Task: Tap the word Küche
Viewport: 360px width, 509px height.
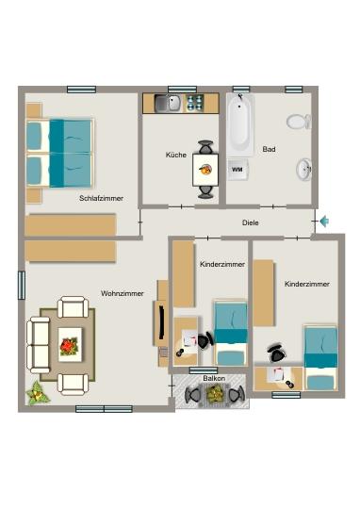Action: tap(175, 155)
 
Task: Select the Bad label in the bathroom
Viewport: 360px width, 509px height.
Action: tap(269, 149)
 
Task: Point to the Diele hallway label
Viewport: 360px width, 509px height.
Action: tap(250, 222)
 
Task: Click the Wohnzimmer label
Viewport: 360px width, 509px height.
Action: tap(122, 293)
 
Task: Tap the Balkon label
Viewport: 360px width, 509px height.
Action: tap(213, 378)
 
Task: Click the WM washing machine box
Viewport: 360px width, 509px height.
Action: tap(237, 171)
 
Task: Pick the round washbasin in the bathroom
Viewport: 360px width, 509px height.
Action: tap(304, 170)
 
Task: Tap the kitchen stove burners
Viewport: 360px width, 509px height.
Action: tap(196, 103)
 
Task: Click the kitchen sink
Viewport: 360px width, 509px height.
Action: tap(168, 103)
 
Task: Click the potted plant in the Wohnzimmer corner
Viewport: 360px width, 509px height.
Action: tap(38, 392)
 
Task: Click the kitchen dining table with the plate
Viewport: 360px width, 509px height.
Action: tap(205, 170)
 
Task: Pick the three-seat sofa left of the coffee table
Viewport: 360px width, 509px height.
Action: tap(39, 344)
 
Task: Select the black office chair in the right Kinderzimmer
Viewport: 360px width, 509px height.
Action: tap(275, 353)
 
